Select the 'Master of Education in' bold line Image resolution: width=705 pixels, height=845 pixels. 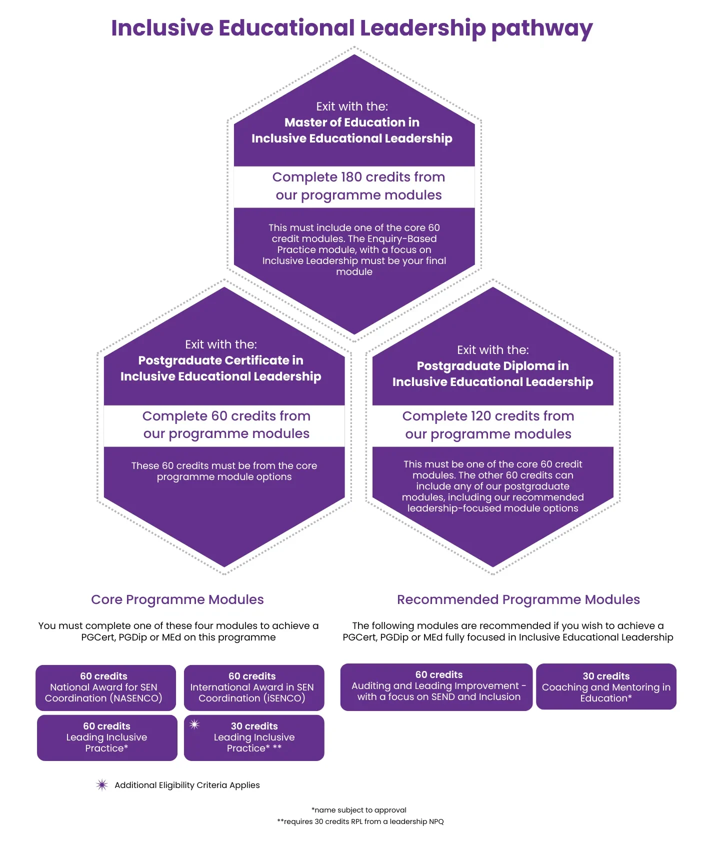point(351,122)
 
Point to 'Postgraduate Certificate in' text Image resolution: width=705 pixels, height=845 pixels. point(220,360)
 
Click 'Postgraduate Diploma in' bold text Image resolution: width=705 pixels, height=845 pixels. point(492,366)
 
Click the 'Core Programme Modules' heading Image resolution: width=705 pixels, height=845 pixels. point(177,599)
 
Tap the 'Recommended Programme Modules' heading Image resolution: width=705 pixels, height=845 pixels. point(518,599)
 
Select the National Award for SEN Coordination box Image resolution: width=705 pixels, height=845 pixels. point(105,687)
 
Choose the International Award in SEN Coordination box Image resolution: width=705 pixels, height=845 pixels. point(254,687)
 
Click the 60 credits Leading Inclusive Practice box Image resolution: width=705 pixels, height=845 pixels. point(107,737)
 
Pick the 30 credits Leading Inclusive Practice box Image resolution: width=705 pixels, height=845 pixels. point(254,737)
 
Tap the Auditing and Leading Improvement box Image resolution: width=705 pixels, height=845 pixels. point(436,686)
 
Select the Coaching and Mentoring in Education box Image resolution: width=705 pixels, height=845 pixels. point(606,686)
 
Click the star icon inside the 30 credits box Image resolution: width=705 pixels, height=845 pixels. point(194,724)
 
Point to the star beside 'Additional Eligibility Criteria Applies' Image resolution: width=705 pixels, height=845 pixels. point(102,785)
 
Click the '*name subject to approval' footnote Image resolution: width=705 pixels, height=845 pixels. point(358,810)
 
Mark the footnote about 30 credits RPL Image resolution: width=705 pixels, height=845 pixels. point(360,821)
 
